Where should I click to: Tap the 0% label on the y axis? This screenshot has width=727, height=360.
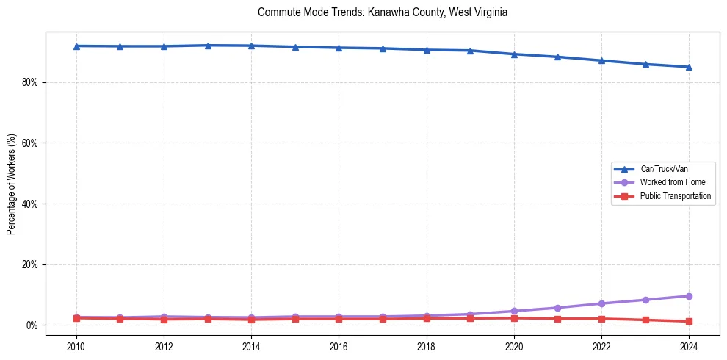click(32, 325)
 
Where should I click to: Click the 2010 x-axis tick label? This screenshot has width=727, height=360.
click(76, 346)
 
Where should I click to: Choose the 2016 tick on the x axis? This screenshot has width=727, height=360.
click(339, 346)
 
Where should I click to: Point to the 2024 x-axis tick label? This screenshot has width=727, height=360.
click(689, 346)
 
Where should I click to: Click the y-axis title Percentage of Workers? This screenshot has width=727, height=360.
click(12, 184)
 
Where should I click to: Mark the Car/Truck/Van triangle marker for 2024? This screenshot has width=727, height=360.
click(689, 67)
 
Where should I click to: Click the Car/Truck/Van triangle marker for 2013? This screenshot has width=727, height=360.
click(208, 46)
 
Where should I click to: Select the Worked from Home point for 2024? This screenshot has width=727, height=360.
click(689, 296)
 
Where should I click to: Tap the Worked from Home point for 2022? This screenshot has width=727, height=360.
click(601, 303)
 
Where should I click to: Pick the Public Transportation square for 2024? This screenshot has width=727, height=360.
click(689, 321)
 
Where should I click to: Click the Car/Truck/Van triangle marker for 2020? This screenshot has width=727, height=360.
click(514, 54)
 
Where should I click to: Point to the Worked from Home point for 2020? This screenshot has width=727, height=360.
click(514, 312)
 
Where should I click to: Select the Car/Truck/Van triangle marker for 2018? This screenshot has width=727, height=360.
click(427, 50)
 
